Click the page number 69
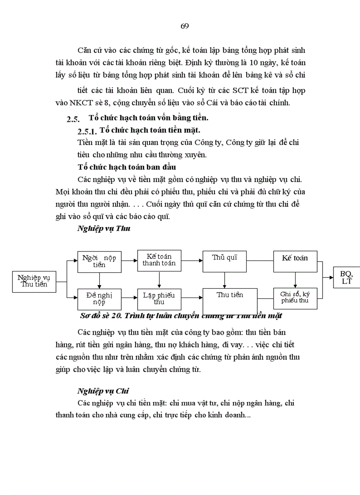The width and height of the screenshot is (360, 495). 185,26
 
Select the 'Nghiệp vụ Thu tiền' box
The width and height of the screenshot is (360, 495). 34,281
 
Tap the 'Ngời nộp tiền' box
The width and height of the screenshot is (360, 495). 99,261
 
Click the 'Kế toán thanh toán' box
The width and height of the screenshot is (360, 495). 159,260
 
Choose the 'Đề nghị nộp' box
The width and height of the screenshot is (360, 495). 99,298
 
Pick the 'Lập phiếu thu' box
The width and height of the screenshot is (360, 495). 159,298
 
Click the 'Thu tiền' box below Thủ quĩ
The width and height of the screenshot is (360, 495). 230,300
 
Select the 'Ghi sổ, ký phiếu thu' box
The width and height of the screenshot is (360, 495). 295,298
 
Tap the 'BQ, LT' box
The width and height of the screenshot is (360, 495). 347,278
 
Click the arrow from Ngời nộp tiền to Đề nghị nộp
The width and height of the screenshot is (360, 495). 99,281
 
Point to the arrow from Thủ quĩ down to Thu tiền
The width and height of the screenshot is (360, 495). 225,280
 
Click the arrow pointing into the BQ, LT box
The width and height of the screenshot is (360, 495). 328,278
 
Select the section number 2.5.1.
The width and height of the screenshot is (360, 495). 86,132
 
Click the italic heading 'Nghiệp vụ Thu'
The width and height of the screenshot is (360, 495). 103,228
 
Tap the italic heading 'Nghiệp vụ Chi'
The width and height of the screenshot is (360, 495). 103,391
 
